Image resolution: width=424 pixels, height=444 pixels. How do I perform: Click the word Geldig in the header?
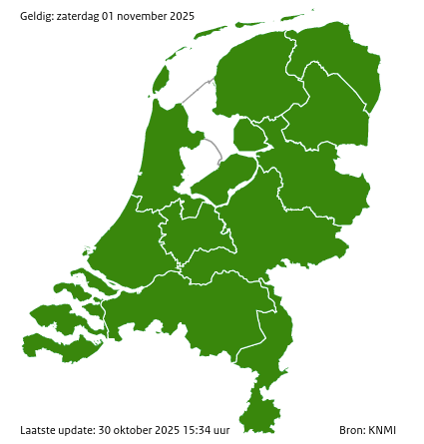pos(37,16)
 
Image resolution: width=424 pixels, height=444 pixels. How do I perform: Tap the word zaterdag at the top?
pos(82,16)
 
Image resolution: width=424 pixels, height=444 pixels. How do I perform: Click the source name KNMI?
pos(382,430)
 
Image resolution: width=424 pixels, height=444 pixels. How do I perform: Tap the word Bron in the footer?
pos(350,430)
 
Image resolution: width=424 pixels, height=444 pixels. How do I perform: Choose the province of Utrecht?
pos(200,231)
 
